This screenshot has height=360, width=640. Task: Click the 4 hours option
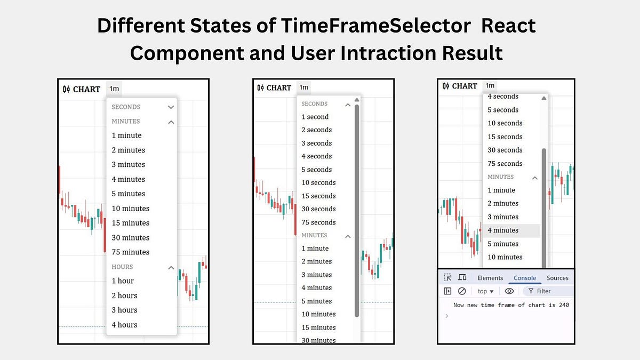pos(124,325)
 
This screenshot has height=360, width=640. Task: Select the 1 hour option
pos(123,281)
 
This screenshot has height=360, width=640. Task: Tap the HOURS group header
pos(122,267)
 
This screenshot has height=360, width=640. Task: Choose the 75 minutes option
pos(131,252)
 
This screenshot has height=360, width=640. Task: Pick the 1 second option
pos(315,117)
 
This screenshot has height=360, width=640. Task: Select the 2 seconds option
pos(317,130)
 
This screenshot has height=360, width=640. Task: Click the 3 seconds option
pos(317,143)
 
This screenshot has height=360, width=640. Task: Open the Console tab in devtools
pos(525,278)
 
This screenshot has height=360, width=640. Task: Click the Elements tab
pos(490,278)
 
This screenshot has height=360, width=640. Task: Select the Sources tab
pos(557,278)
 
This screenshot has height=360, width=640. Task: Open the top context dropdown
pos(485,291)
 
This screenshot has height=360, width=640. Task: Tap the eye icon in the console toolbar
pos(509,291)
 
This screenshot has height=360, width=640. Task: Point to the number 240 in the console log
pos(564,305)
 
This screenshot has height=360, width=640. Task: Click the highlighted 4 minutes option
pos(503,230)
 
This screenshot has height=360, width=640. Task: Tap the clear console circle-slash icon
pos(462,291)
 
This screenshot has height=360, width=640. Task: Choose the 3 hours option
pos(124,310)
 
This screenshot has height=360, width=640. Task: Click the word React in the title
pos(509,26)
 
